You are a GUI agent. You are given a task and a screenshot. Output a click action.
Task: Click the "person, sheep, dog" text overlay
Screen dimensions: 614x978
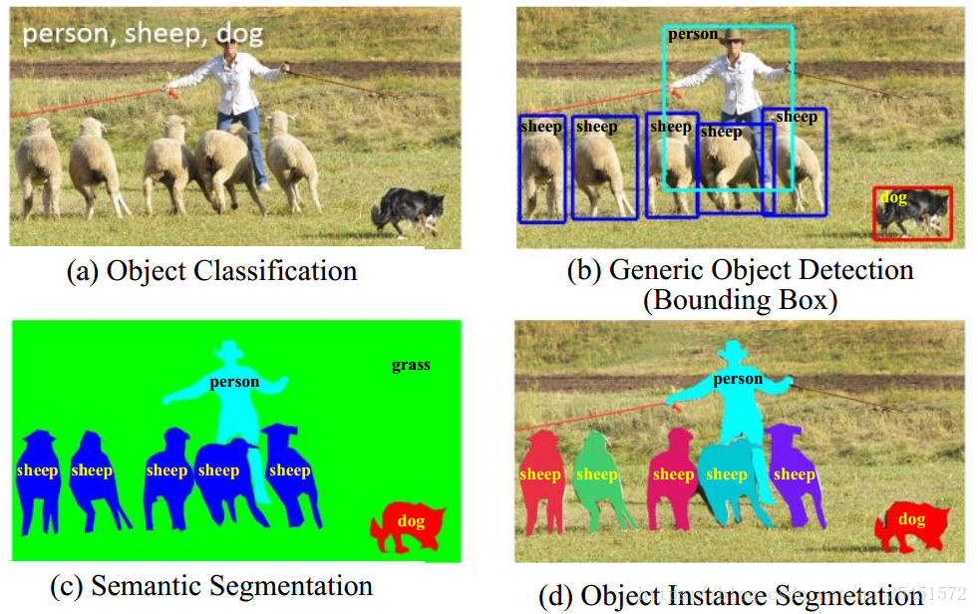(x=143, y=35)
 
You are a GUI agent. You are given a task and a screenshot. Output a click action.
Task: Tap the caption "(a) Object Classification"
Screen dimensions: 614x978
(x=211, y=270)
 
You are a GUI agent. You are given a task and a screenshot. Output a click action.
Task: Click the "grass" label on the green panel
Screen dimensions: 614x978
(x=411, y=365)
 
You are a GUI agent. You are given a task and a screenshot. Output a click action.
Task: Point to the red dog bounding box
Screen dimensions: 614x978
(x=912, y=213)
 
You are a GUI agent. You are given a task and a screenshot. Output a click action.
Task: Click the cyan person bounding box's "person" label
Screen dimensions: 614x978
(x=692, y=34)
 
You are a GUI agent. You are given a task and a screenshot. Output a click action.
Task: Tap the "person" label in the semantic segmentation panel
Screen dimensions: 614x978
(x=234, y=381)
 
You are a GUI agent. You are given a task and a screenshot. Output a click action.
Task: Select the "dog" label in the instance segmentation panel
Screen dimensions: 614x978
(x=911, y=519)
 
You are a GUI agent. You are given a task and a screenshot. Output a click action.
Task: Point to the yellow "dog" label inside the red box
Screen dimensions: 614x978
(x=893, y=197)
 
